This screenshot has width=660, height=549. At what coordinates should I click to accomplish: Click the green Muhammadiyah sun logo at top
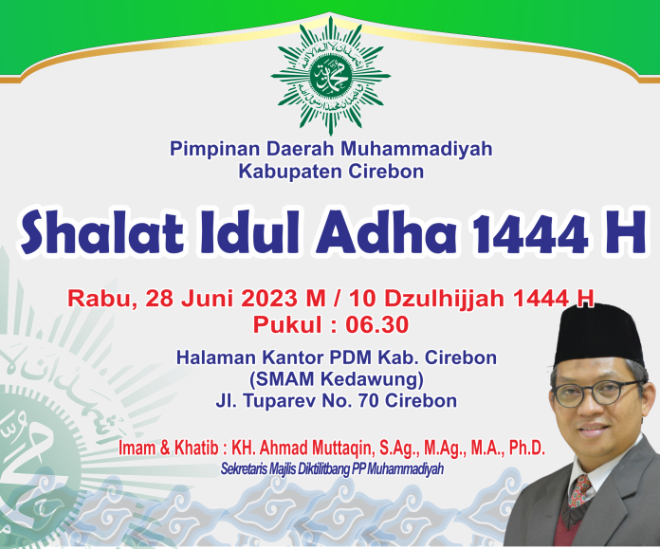click(x=330, y=76)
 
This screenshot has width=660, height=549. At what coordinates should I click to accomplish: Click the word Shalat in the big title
click(x=102, y=232)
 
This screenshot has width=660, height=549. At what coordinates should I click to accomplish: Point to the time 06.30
click(x=377, y=324)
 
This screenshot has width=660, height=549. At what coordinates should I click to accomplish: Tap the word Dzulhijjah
click(x=444, y=299)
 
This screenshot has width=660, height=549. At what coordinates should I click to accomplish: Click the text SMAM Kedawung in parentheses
click(x=337, y=380)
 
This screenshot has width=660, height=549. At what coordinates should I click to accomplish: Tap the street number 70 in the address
click(x=368, y=400)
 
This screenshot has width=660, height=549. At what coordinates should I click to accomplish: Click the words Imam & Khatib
click(x=169, y=448)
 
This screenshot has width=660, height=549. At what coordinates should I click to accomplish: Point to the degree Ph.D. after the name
click(x=527, y=448)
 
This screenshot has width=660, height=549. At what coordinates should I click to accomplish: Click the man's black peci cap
click(x=598, y=335)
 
